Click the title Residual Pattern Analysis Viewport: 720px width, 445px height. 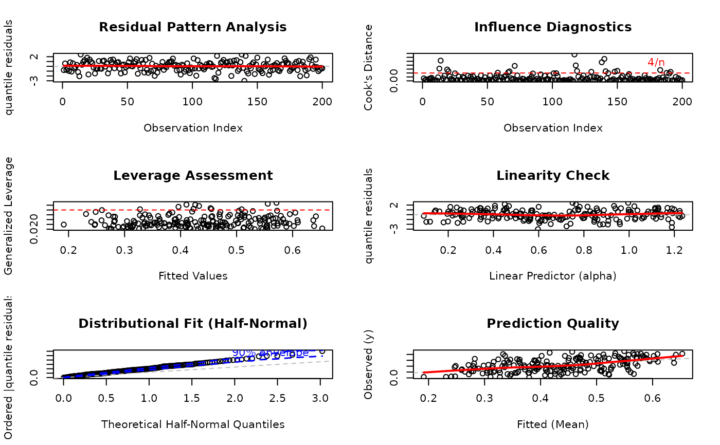(193, 27)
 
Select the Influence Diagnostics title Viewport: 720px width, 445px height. (553, 27)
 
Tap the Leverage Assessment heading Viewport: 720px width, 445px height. (193, 175)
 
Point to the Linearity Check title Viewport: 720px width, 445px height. (553, 175)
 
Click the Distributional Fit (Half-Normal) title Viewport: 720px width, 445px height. (193, 323)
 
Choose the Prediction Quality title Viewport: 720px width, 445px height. (553, 323)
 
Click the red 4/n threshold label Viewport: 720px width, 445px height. (656, 62)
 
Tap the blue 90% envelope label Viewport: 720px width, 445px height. (271, 353)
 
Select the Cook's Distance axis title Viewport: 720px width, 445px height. (368, 67)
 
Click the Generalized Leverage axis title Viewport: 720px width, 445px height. (9, 215)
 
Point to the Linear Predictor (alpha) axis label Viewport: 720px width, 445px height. (553, 276)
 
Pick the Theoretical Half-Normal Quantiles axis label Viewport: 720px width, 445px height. (193, 424)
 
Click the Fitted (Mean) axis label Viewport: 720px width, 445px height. (553, 424)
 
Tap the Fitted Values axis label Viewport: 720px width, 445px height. (193, 276)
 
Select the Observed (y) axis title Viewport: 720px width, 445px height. (368, 364)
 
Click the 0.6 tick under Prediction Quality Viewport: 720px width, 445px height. (652, 397)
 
